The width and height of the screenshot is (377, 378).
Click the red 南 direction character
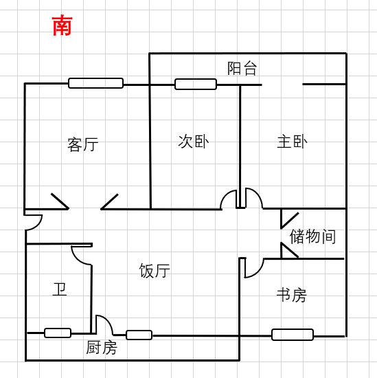click(x=62, y=25)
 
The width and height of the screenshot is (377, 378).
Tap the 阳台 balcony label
click(x=242, y=69)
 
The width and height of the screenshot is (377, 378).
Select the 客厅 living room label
click(x=83, y=144)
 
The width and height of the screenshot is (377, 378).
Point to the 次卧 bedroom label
click(x=194, y=142)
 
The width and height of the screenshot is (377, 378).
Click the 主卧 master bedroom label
click(x=293, y=142)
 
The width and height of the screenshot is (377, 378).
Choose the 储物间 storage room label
click(x=312, y=236)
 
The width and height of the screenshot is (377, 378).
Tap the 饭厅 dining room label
click(x=155, y=271)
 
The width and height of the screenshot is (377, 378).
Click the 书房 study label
click(x=291, y=295)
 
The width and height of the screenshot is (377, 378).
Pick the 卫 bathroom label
click(x=59, y=289)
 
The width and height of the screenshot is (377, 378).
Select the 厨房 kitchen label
click(x=102, y=347)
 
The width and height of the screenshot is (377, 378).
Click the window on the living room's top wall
click(x=96, y=83)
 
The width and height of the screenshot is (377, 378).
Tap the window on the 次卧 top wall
click(x=196, y=84)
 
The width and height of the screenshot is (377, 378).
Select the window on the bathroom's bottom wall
click(x=58, y=333)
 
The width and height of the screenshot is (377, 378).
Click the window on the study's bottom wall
click(x=293, y=335)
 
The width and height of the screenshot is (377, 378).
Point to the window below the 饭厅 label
click(x=139, y=335)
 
